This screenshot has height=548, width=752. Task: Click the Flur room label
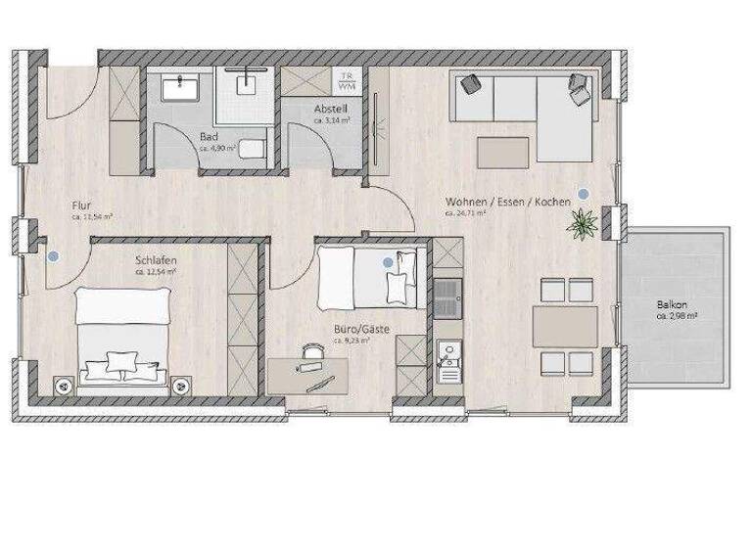[x=81, y=205]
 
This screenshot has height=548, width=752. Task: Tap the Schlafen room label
[x=155, y=261]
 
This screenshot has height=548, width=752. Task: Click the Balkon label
[x=676, y=304]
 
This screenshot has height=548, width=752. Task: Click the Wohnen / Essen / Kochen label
[x=507, y=201]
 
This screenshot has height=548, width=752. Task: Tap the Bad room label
[x=208, y=137]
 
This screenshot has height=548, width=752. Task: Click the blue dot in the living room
[x=585, y=193]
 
